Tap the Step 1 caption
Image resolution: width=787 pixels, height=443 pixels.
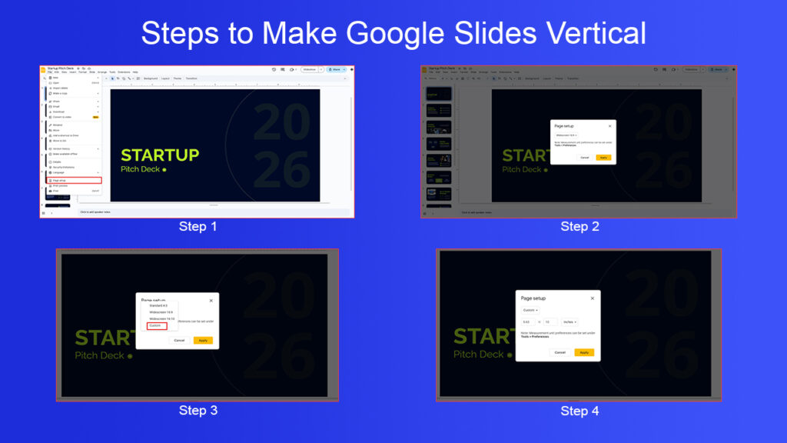point(198,226)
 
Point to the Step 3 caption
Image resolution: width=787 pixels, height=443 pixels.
point(198,411)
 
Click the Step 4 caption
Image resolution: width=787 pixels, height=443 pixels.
point(579,411)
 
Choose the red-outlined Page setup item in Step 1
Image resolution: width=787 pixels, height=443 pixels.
point(73,181)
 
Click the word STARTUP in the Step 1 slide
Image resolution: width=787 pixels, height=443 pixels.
point(160,155)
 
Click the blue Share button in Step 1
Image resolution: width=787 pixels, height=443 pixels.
point(336,69)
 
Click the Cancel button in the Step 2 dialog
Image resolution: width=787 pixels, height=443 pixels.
point(584,157)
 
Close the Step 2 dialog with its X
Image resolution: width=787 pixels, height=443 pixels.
point(610,125)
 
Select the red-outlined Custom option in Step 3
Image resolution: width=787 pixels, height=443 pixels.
point(157,325)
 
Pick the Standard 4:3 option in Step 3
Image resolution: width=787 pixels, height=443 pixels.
point(158,305)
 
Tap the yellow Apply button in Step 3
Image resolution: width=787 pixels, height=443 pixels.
point(203,340)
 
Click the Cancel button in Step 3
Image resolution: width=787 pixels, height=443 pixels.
point(179,340)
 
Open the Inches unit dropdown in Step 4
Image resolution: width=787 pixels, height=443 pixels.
point(569,321)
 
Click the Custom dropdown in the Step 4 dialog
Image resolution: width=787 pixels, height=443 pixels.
point(530,310)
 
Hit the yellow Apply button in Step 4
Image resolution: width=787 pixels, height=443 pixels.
point(584,352)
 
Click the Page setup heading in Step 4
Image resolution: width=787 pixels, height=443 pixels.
point(533,298)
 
